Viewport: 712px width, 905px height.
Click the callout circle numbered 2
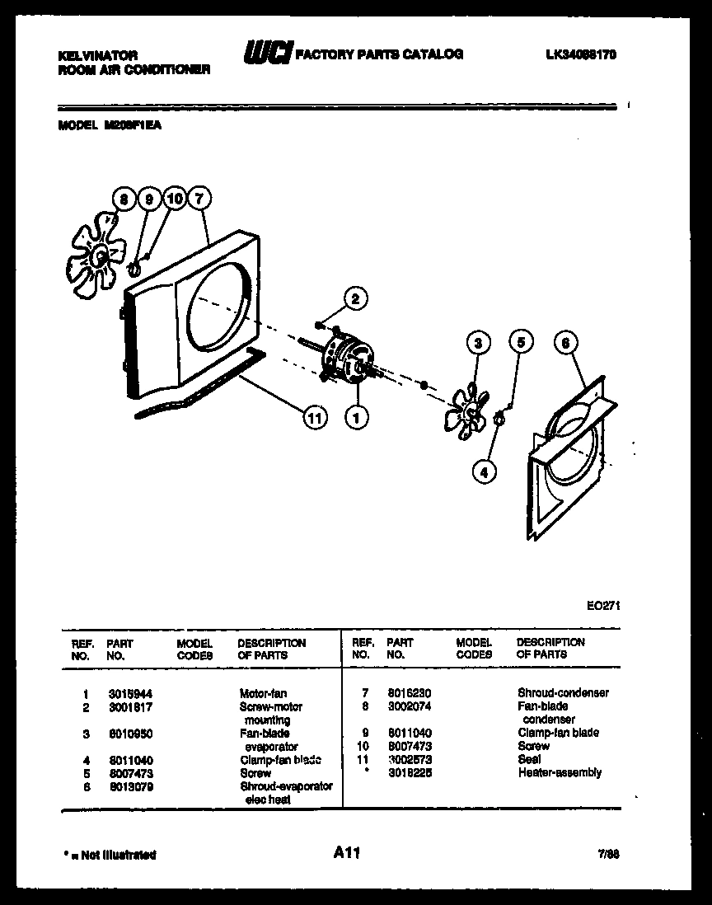click(355, 299)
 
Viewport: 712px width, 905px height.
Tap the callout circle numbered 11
click(313, 418)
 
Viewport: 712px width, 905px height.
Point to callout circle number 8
click(124, 199)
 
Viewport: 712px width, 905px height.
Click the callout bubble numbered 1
click(356, 418)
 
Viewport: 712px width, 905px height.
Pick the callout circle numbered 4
click(485, 471)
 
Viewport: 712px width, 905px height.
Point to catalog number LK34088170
click(580, 55)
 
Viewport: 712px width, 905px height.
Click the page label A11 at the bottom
click(347, 853)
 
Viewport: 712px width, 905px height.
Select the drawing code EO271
click(602, 604)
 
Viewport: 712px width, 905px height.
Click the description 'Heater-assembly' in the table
click(560, 772)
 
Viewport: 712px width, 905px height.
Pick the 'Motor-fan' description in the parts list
click(263, 693)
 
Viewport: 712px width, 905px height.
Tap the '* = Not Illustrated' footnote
click(109, 855)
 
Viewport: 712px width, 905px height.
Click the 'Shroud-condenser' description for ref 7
click(563, 693)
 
